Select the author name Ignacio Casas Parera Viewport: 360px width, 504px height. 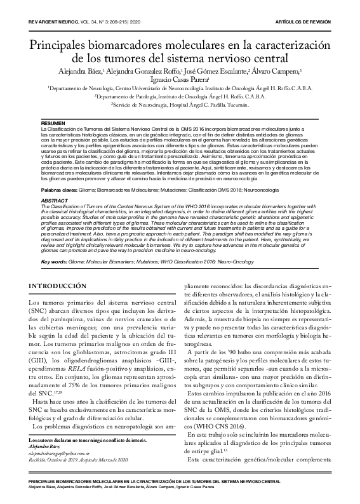pos(180,79)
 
